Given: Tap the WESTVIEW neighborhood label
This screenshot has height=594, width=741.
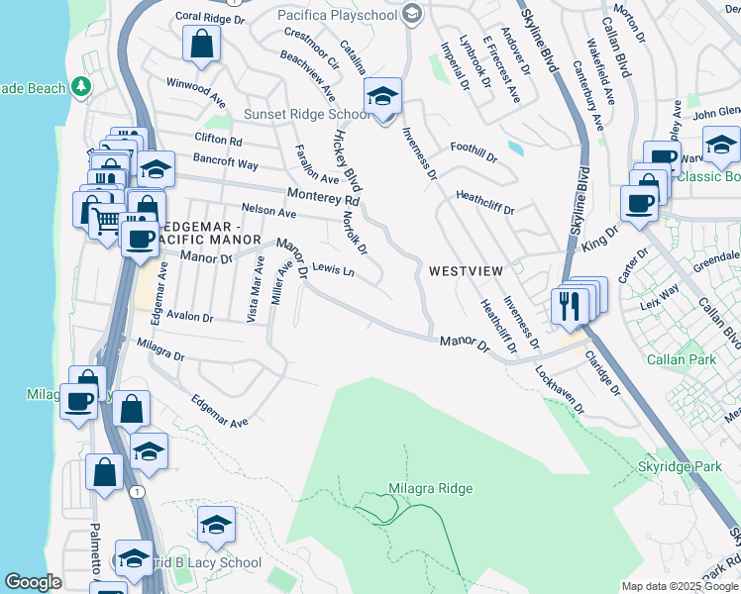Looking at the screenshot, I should pos(466,271).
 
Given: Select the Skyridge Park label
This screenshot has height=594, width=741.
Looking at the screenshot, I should pos(680,465).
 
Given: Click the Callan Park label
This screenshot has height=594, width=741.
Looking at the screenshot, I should pos(681,359).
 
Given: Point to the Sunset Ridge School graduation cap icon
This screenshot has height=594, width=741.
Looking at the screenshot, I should pos(380,98).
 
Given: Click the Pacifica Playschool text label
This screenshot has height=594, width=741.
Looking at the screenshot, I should pos(337,16).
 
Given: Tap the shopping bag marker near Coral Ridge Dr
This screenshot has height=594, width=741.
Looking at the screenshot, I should pos(201,44).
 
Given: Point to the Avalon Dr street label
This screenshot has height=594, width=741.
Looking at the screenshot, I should pos(189,318).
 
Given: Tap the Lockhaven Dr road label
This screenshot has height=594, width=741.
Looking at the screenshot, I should pos(561,390).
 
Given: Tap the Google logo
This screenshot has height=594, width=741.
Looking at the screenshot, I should pos(33,582).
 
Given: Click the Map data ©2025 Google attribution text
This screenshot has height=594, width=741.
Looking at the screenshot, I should pos(680,586).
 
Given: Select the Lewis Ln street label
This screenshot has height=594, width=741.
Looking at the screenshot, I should pos(333,269).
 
